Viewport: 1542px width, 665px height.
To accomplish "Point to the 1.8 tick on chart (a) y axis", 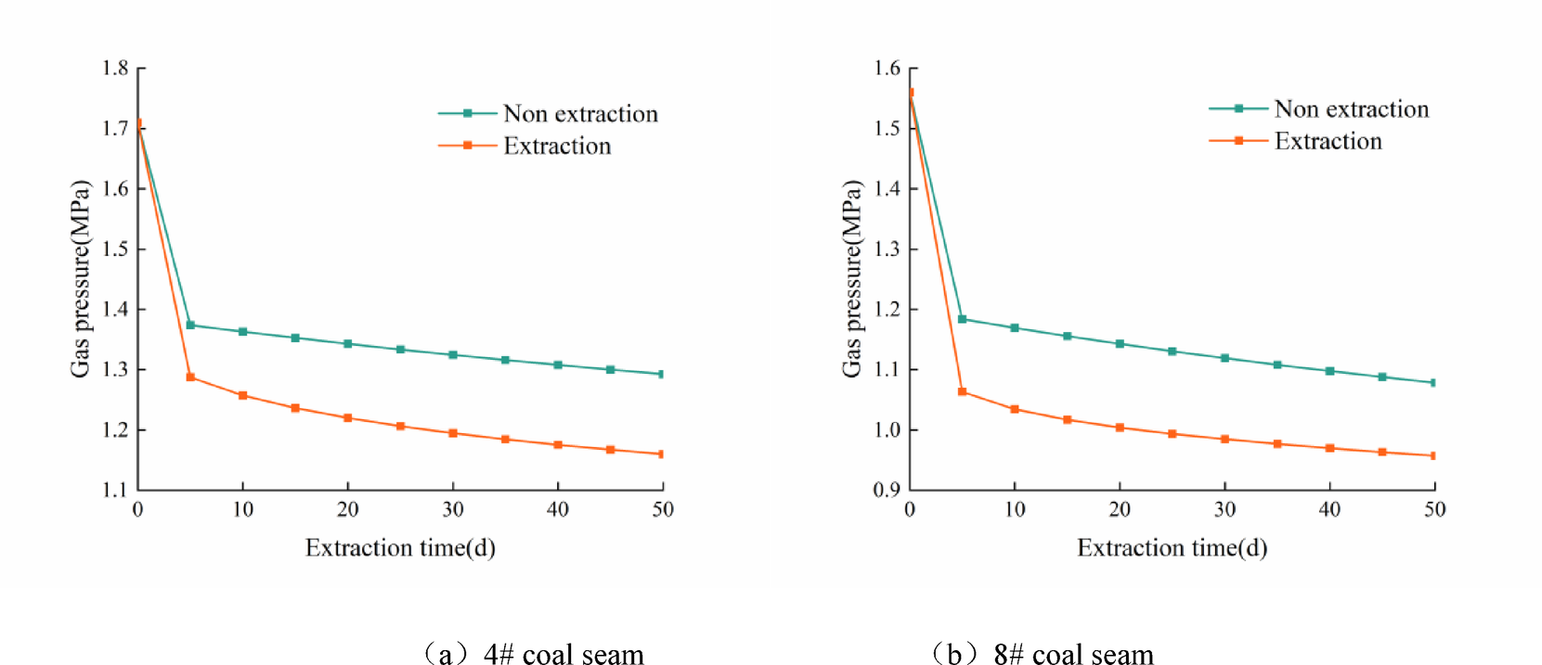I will (116, 69).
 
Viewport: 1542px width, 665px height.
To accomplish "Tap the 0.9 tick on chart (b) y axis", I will (887, 490).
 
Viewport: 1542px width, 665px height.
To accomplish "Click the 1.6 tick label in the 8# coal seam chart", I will (888, 69).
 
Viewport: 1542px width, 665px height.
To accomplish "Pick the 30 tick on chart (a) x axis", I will (453, 509).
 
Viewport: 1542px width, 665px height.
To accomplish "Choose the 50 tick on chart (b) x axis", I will (1434, 509).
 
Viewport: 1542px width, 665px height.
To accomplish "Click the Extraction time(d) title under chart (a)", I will (400, 548).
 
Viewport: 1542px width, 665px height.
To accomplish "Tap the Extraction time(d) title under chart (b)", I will (1172, 548).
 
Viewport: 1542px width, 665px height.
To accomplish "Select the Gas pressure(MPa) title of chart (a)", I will (81, 278).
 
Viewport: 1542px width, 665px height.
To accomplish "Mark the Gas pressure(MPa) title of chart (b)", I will (852, 278).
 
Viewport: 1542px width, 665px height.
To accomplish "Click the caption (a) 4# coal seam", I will (532, 654).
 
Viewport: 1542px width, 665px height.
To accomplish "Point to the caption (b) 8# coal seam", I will (1043, 654).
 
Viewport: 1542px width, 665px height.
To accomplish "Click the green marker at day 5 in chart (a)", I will (190, 326).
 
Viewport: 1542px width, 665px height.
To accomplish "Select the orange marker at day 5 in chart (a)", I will (190, 377).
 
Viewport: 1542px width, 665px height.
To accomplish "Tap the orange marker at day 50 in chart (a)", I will (661, 454).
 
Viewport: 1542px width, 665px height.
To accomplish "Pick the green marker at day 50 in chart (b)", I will (1433, 382).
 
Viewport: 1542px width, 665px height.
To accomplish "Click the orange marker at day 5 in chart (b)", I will (963, 392).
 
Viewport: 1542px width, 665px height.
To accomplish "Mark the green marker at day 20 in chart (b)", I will (1120, 344).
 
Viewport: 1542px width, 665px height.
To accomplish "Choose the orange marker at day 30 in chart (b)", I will (1225, 440).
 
